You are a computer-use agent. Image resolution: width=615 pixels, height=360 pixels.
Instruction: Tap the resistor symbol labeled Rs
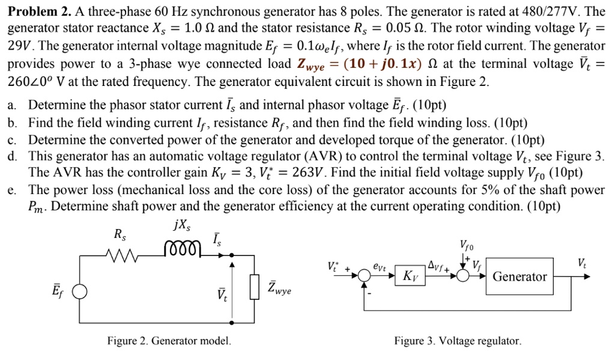click(x=123, y=254)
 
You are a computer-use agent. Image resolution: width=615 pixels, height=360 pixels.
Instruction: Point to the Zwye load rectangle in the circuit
click(x=255, y=287)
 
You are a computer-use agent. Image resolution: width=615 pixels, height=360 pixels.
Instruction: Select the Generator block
click(x=520, y=276)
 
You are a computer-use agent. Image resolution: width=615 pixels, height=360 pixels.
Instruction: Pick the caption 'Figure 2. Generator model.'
click(x=169, y=341)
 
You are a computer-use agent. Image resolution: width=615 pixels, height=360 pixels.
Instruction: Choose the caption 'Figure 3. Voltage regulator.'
click(x=458, y=341)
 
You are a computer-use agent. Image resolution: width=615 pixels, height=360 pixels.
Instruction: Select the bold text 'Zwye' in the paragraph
click(x=317, y=64)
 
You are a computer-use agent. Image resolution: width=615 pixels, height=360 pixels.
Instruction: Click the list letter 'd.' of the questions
click(x=12, y=157)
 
